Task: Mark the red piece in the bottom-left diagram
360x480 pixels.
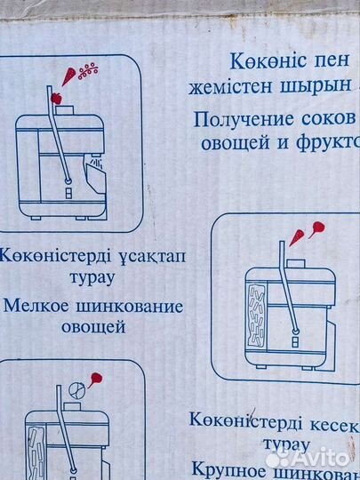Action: pyautogui.click(x=96, y=379)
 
